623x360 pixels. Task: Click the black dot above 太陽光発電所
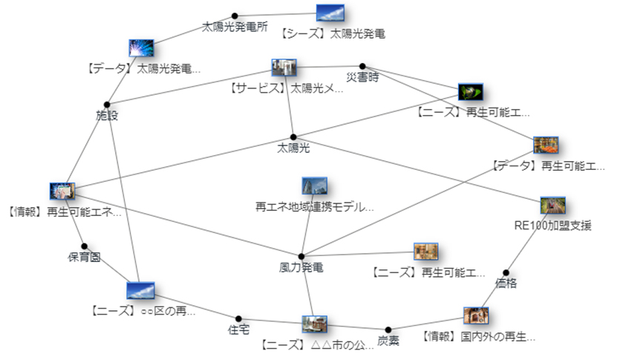point(235,16)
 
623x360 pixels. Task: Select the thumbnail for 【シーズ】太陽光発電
point(330,13)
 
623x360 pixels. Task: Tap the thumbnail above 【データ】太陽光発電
point(141,49)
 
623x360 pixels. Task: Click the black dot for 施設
point(107,104)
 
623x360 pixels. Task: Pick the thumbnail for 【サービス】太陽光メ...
point(284,68)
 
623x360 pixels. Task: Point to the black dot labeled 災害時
point(362,66)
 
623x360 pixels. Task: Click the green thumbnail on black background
point(471,92)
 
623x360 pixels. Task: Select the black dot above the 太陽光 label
point(293,137)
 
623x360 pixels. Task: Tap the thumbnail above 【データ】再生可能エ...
point(546,145)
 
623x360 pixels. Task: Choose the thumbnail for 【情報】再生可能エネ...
point(62,191)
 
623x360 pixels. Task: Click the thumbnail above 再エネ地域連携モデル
point(314,186)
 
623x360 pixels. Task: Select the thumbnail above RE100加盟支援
point(553,206)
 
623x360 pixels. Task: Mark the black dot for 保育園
point(85,246)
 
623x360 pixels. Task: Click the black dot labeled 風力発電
point(301,256)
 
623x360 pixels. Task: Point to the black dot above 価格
point(506,272)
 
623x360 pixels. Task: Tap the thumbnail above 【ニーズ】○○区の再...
point(140,291)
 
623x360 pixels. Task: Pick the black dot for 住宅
point(238,318)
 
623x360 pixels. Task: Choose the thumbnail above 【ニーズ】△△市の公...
point(314,324)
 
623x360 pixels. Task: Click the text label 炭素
point(388,341)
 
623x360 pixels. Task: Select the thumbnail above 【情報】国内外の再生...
point(476,315)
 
